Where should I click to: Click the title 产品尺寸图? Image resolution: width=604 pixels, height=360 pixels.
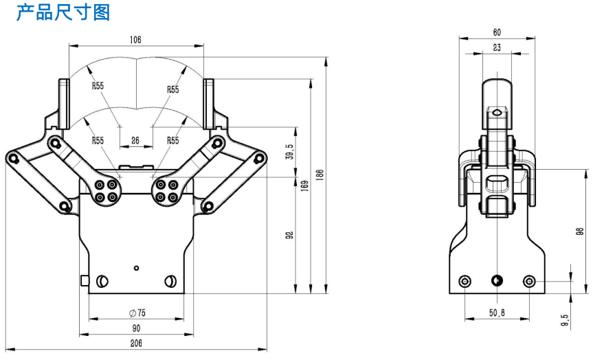[x=63, y=12]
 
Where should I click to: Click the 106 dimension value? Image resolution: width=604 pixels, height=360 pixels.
[x=135, y=40]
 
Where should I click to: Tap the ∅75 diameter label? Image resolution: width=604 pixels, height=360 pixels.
[x=137, y=313]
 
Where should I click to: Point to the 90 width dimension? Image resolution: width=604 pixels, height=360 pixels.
[x=136, y=328]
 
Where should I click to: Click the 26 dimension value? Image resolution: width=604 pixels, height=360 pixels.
[x=135, y=140]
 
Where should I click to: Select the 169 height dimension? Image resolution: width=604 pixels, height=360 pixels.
[x=304, y=185]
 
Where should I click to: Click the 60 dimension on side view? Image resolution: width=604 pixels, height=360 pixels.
[x=497, y=32]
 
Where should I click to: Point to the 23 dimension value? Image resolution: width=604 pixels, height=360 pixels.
[x=496, y=47]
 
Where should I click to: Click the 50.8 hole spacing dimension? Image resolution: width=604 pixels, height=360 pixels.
[x=497, y=313]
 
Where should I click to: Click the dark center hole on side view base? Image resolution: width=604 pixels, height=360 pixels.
[x=497, y=280]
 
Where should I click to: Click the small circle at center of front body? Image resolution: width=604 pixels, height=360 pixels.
[x=137, y=267]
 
